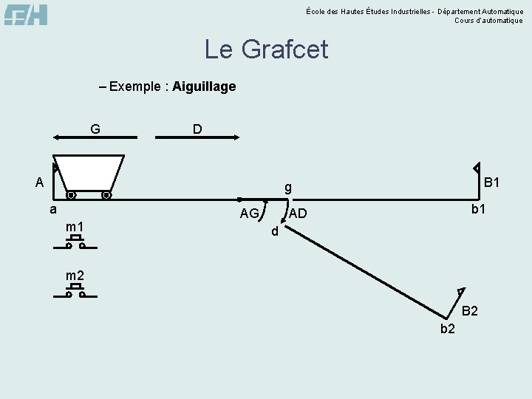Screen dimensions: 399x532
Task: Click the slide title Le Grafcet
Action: point(266,50)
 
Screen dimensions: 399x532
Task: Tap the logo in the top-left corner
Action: point(26,15)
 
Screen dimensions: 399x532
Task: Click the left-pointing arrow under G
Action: point(95,137)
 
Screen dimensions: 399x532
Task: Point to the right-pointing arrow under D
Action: point(197,137)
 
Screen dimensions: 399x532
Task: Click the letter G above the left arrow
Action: point(95,129)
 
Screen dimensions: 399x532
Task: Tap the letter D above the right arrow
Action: point(197,129)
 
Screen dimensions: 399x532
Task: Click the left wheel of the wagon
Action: point(71,196)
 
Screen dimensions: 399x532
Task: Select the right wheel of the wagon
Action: point(106,196)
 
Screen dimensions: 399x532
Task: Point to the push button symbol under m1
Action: point(75,242)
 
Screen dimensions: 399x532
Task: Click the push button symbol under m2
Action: point(75,290)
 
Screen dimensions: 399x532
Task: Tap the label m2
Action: point(75,276)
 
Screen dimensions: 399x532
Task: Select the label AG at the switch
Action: point(249,214)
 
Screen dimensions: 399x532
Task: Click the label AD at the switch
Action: point(298,214)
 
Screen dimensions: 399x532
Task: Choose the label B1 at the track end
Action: point(492,182)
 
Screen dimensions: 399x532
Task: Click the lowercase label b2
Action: point(448,329)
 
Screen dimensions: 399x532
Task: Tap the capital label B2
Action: point(470,311)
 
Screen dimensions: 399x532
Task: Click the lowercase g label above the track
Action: point(289,188)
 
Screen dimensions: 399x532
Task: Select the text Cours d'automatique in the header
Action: point(488,21)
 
